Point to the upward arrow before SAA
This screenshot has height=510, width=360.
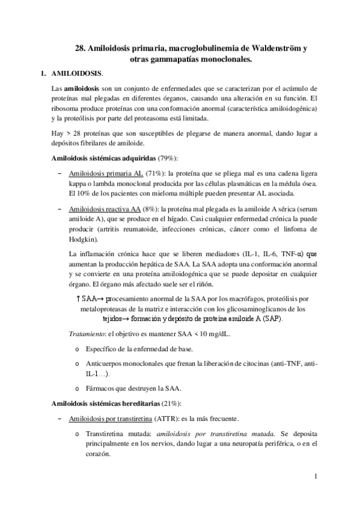click(x=79, y=298)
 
